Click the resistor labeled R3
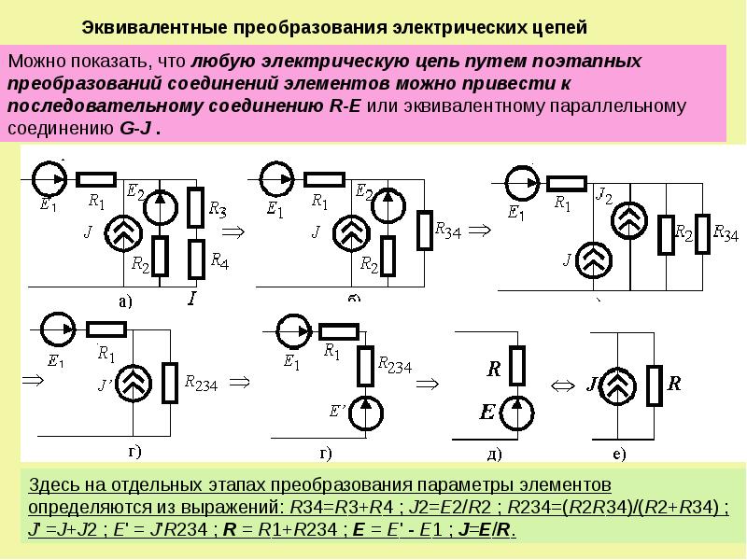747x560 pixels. point(195,206)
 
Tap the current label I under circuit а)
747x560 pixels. point(192,300)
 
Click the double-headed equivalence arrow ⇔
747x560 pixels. point(563,384)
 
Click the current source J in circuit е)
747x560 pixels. point(612,383)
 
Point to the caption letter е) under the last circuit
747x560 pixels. point(619,455)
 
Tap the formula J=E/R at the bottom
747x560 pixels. point(484,530)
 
